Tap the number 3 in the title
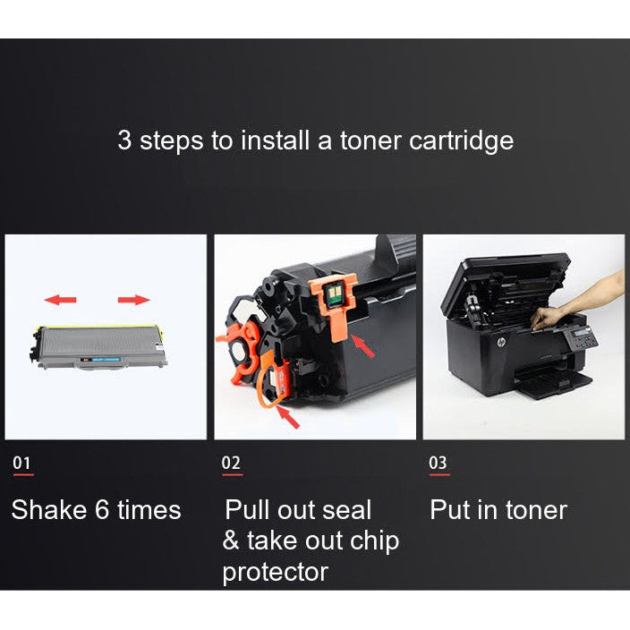pyautogui.click(x=124, y=140)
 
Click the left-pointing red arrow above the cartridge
pyautogui.click(x=60, y=299)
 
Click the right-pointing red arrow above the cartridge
pyautogui.click(x=134, y=299)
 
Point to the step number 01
pyautogui.click(x=22, y=463)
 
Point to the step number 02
pyautogui.click(x=231, y=463)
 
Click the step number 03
pyautogui.click(x=438, y=463)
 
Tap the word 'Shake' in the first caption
pyautogui.click(x=49, y=510)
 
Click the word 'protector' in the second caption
pyautogui.click(x=276, y=572)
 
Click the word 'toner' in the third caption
pyautogui.click(x=533, y=510)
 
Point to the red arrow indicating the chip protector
pyautogui.click(x=362, y=345)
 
